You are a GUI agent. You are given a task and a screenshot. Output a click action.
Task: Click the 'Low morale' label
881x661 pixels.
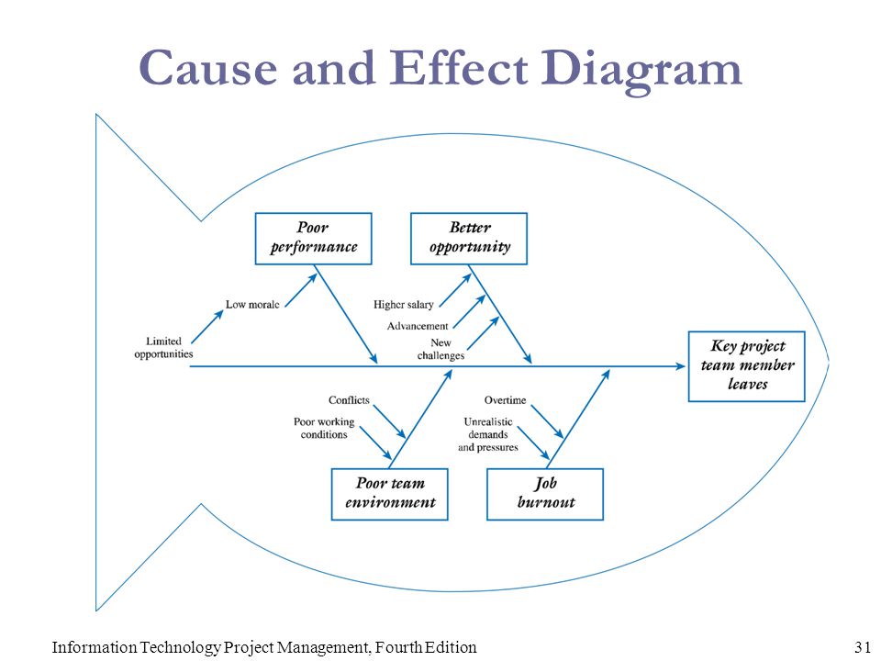pos(252,305)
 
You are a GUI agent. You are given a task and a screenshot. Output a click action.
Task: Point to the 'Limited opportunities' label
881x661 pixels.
pos(163,347)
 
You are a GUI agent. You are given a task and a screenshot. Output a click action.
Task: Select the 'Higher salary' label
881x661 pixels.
pos(404,305)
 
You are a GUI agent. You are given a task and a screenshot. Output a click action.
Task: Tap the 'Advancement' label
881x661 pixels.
pos(418,326)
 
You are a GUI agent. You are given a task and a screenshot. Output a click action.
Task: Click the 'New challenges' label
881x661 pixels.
pos(441,349)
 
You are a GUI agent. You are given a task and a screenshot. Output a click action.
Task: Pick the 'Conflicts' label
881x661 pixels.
pos(349,400)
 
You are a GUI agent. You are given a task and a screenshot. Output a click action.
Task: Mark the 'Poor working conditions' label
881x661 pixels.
pos(324,428)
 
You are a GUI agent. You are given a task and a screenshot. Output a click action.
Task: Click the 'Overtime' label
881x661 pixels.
pos(505,400)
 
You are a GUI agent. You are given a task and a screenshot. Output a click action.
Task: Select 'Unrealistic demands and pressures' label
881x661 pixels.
pos(488,434)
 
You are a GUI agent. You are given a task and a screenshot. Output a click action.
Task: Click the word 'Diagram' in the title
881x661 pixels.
pos(641,71)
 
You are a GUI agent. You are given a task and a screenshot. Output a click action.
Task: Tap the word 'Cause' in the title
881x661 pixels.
pos(208,68)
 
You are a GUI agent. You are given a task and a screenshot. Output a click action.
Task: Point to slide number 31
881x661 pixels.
pos(863,647)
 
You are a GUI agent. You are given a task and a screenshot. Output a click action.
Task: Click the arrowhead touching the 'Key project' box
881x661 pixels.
pos(680,366)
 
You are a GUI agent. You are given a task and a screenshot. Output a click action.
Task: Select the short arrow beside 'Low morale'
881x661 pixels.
pos(301,290)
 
